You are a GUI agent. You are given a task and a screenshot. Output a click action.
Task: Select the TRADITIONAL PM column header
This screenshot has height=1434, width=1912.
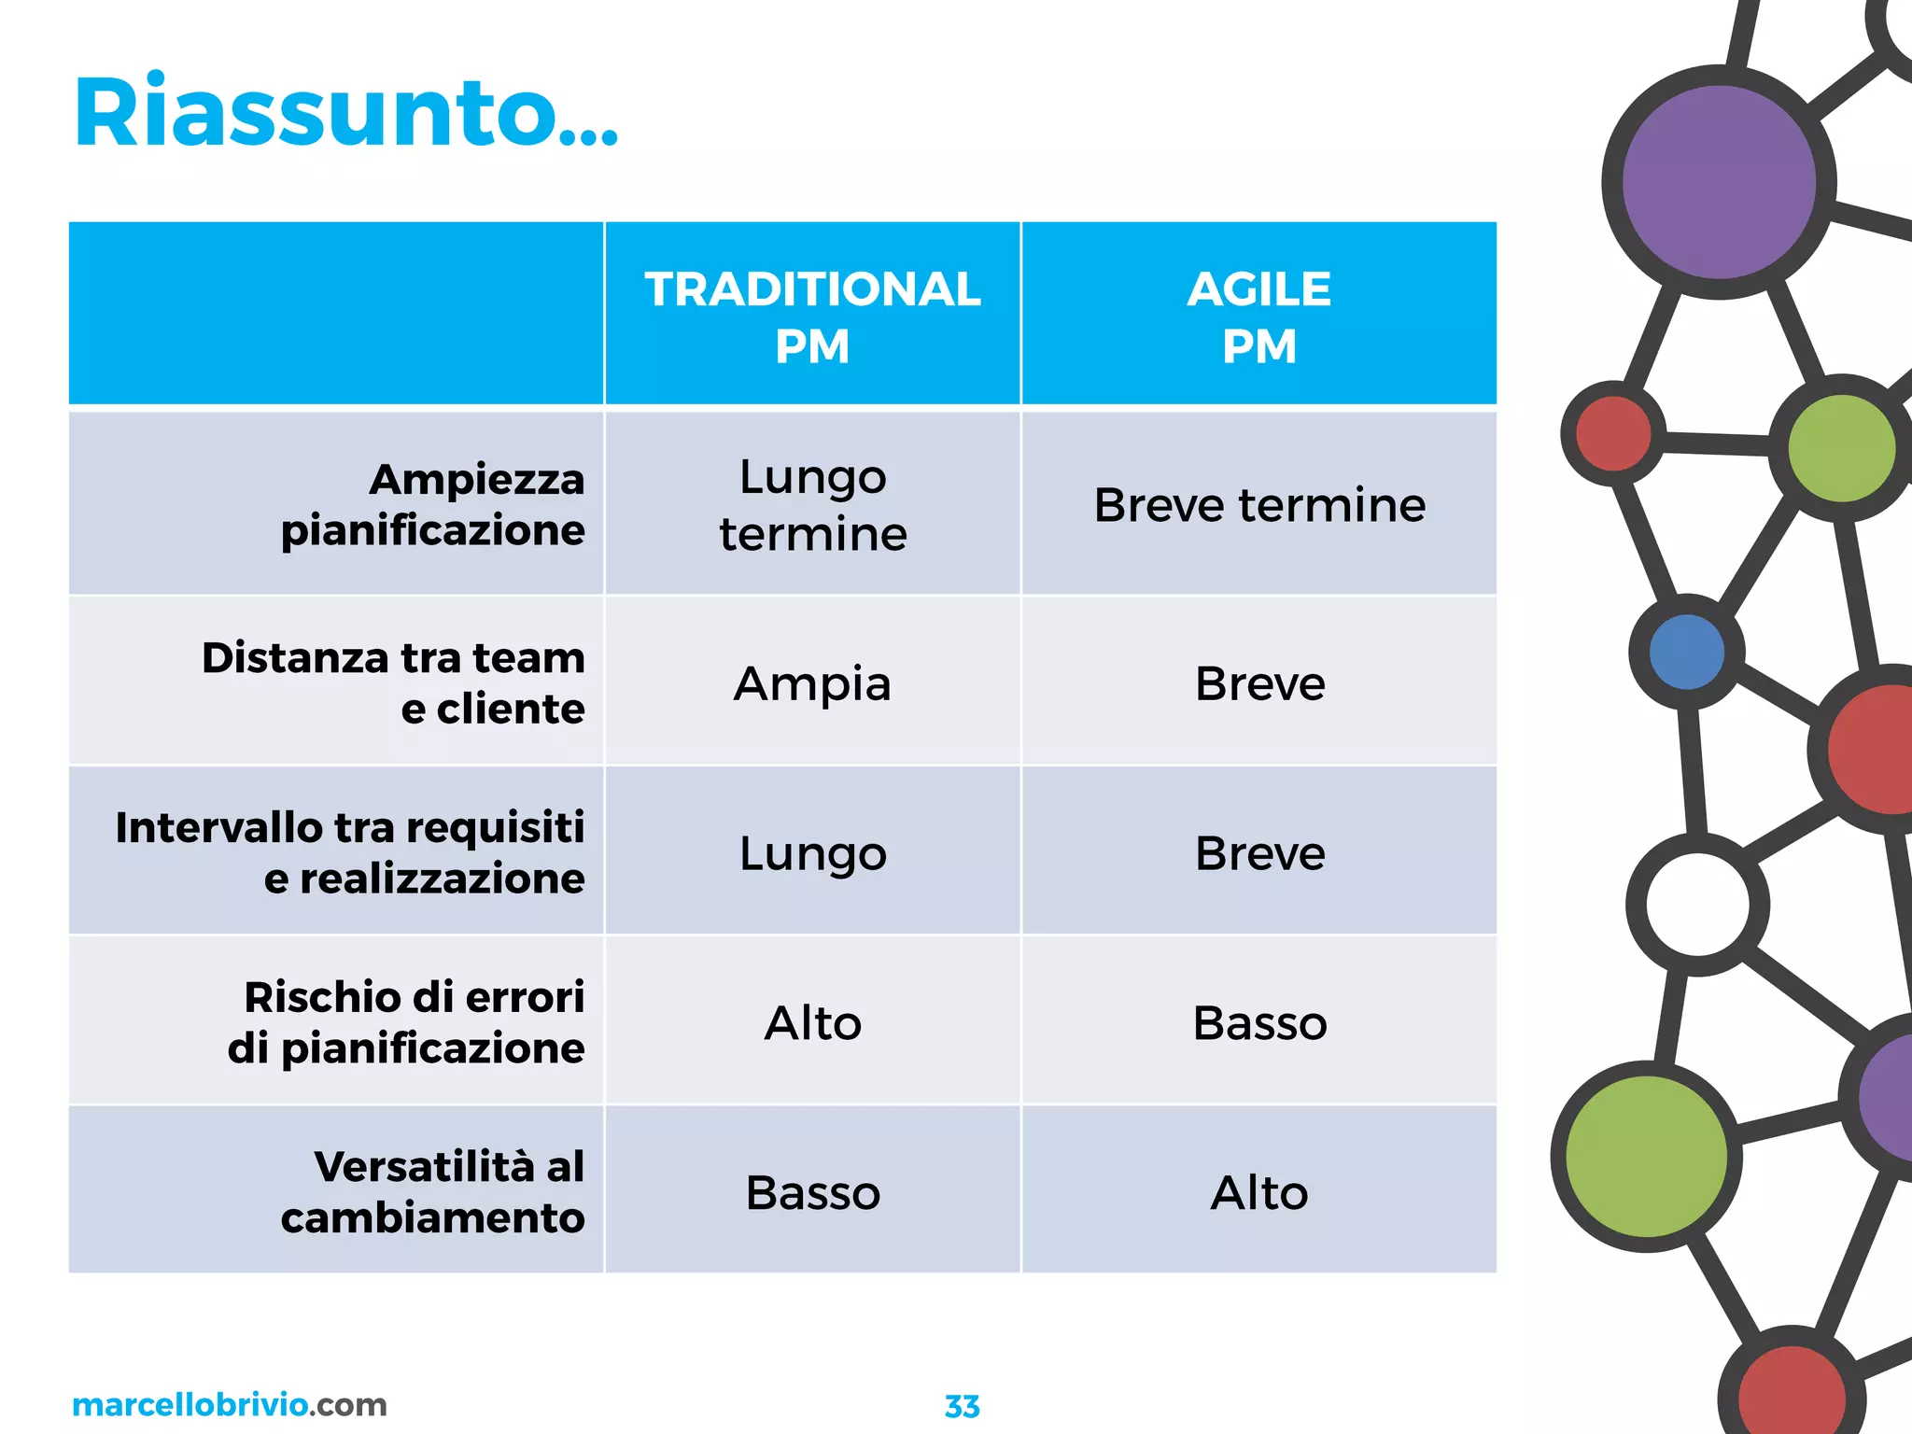coord(812,316)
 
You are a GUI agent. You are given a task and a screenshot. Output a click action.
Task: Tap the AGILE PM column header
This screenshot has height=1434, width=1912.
coord(1258,316)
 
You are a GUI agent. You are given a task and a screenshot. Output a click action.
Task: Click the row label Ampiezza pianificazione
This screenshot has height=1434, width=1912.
coord(432,505)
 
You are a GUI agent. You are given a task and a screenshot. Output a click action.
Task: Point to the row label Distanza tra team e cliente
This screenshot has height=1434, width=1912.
coord(394,683)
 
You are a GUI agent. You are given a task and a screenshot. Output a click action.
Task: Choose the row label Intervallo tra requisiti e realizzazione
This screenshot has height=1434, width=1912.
coord(350,852)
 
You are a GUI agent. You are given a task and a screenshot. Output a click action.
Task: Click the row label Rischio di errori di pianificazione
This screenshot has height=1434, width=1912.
coord(406,1022)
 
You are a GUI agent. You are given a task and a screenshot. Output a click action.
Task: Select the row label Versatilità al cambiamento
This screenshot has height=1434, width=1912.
coord(432,1192)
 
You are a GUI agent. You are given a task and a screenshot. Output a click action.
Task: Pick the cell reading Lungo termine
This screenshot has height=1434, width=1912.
coord(812,505)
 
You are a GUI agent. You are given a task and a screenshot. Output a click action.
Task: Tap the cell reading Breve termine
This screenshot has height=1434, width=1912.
coord(1258,505)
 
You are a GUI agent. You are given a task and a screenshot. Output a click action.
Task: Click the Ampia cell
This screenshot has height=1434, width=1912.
coord(812,683)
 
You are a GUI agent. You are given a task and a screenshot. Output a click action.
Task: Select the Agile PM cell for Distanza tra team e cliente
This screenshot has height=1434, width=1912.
coord(1258,683)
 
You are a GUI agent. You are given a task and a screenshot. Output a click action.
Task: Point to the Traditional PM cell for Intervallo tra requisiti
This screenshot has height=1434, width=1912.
coord(812,852)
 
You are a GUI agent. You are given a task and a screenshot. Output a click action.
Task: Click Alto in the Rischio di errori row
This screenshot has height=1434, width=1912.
coord(812,1022)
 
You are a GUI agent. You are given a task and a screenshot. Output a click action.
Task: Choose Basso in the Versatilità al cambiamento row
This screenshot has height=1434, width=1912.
coord(812,1192)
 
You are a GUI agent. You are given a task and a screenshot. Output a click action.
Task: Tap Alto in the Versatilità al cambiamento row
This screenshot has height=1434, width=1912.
coord(1258,1192)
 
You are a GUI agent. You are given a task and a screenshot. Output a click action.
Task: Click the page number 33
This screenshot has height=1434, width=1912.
coord(962,1406)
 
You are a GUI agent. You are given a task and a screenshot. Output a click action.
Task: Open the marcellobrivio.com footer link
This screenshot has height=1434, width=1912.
coord(229,1404)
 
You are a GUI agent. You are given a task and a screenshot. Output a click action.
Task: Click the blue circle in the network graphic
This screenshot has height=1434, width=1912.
coord(1687,652)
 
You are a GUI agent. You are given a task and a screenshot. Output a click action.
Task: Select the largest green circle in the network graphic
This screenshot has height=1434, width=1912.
coord(1645,1157)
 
